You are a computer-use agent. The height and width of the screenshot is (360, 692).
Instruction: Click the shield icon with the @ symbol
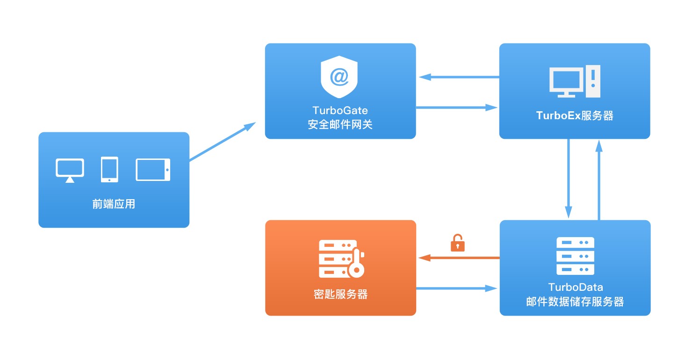pos(339,77)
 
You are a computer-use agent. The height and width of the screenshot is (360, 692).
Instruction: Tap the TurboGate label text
pos(340,110)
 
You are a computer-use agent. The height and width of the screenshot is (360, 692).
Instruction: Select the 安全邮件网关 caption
pos(340,124)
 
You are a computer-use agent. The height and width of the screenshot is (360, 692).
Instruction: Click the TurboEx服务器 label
pos(575,115)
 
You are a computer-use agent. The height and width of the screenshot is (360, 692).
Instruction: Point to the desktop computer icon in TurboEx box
pos(575,81)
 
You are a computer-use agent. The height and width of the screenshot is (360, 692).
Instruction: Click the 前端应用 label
pos(114,204)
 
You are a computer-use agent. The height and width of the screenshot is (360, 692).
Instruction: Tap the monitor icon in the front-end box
pos(70,170)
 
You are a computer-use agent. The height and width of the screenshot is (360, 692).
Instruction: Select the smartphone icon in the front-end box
pos(110,170)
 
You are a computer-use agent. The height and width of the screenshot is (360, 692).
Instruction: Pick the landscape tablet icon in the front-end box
pos(153,170)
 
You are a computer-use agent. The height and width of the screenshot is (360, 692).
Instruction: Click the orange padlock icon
pos(458,243)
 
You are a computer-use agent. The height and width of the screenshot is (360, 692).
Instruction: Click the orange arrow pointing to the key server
pos(459,258)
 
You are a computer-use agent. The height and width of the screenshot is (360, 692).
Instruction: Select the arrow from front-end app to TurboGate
pos(223,142)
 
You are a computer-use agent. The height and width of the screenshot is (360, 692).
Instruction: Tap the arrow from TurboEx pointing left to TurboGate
pos(459,77)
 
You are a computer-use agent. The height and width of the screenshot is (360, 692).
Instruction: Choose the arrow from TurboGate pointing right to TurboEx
pos(457,108)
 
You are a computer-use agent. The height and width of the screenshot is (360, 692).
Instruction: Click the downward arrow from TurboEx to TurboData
pos(569,179)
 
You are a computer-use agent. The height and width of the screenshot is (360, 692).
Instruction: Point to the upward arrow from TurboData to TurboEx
pos(599,180)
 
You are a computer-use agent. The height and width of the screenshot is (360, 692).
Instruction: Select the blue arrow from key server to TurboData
pos(457,288)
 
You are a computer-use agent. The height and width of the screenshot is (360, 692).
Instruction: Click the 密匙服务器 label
pos(340,294)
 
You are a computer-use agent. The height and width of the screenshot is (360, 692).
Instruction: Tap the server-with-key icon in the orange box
pos(341,259)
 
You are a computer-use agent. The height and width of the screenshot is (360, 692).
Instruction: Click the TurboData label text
pos(576,287)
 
